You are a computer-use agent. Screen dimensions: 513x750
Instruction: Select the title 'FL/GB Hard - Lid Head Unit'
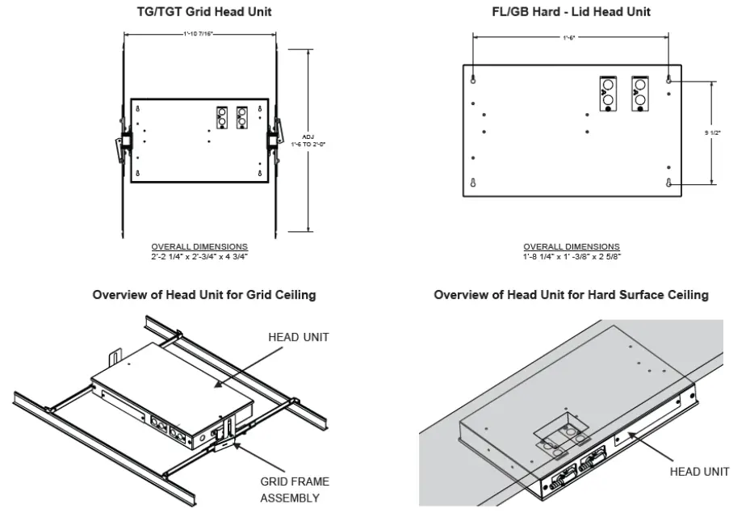570,11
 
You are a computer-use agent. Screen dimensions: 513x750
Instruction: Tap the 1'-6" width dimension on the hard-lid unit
570,38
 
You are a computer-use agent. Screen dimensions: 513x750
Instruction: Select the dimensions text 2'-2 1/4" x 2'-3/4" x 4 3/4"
199,256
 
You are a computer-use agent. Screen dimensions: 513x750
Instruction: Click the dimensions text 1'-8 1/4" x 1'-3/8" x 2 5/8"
572,256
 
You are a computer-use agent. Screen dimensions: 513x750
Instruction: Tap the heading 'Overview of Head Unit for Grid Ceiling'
204,295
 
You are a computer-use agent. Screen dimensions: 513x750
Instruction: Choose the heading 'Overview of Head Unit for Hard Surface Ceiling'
571,295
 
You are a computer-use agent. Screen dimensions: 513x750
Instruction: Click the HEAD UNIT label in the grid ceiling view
298,337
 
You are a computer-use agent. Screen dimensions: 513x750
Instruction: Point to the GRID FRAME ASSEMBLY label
294,490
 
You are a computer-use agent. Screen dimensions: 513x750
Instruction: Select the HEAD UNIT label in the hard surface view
699,471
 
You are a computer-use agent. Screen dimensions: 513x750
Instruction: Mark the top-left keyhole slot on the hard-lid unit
474,78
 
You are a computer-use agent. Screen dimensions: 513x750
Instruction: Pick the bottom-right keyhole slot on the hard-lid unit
669,183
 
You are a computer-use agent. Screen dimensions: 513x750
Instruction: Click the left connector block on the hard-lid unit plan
608,93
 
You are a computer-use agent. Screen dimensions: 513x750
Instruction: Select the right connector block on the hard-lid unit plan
639,93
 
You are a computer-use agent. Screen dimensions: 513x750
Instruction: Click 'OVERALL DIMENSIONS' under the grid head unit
199,246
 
